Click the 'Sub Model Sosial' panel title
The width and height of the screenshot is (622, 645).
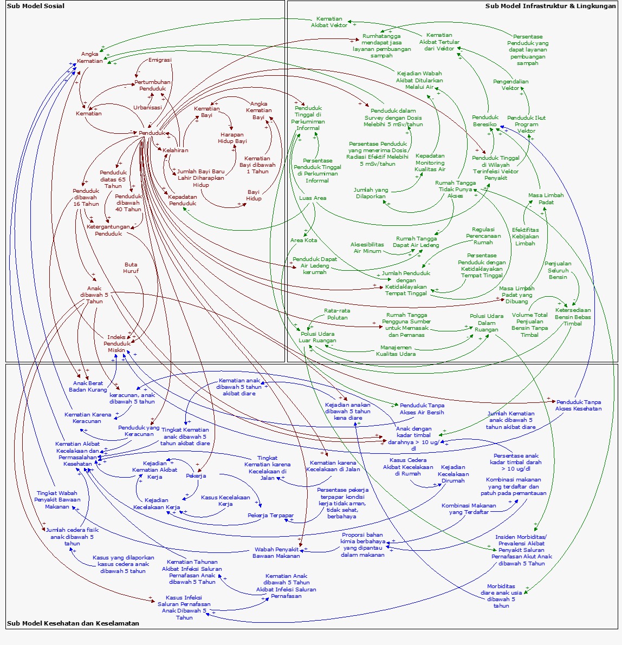pos(36,6)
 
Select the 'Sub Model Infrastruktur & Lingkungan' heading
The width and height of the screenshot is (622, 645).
pos(550,6)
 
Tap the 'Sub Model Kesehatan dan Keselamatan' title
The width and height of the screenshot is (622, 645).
pos(73,623)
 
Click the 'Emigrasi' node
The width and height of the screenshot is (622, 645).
pos(160,60)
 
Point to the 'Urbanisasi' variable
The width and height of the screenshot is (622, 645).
pos(147,107)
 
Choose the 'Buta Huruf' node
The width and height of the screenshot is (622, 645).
pos(131,268)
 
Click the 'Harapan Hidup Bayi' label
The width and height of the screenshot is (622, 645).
pos(232,138)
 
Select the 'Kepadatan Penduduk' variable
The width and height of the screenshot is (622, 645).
pos(182,200)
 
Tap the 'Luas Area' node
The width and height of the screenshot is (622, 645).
pos(313,198)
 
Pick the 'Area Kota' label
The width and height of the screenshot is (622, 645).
pos(303,240)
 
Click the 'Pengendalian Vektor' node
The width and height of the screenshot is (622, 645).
pos(510,84)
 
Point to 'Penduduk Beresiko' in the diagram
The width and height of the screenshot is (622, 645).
pos(485,121)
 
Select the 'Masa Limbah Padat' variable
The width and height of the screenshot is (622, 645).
pos(546,199)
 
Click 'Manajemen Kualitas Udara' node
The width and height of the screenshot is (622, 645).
pos(396,350)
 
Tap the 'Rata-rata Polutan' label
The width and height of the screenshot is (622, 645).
pos(337,314)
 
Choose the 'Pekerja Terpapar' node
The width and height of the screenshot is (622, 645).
pos(270,516)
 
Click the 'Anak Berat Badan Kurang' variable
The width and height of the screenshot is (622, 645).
pos(88,387)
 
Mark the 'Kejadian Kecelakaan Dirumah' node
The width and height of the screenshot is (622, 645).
pos(453,474)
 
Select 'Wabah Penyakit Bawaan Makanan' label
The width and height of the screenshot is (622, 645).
pos(276,552)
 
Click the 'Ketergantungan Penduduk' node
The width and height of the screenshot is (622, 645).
pos(108,230)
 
